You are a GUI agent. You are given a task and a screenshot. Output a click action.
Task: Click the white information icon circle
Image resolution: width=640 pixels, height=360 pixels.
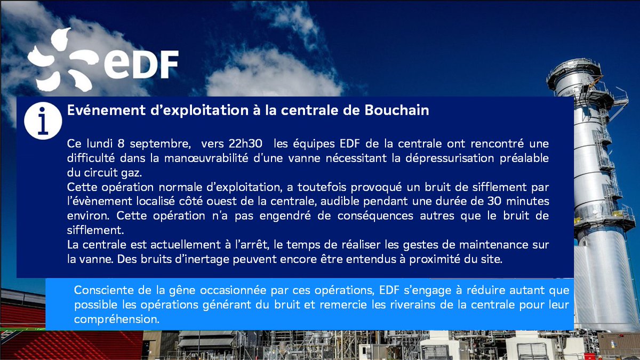[43, 121]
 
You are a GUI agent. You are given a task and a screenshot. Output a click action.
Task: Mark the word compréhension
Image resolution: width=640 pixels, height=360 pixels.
[117, 320]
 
